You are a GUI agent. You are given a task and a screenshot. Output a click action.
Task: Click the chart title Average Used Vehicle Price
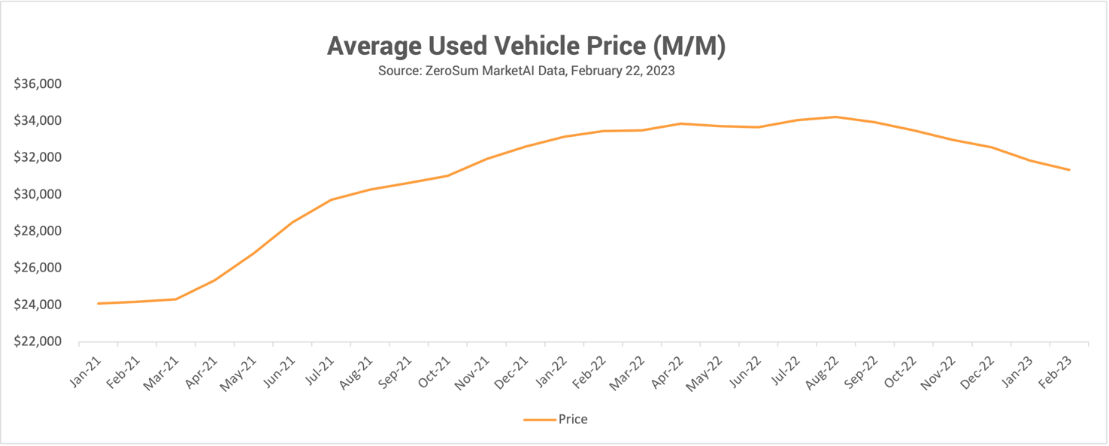526,47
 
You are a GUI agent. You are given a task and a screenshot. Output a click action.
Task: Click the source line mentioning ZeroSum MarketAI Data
526,72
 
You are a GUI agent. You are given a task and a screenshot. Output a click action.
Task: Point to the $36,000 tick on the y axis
38,83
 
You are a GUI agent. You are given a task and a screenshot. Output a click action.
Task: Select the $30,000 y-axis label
38,194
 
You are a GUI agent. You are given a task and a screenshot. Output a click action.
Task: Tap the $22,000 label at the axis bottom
38,341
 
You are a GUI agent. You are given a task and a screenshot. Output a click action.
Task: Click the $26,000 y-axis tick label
38,268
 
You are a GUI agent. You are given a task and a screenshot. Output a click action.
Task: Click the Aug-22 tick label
823,371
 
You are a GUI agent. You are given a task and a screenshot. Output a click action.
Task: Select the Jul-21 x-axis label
319,371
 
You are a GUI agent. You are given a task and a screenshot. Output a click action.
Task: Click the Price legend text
572,420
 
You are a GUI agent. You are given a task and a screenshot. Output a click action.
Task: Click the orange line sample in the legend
539,420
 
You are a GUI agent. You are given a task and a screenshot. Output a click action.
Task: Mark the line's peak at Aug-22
835,117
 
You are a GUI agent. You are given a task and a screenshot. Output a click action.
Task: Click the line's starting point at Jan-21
98,303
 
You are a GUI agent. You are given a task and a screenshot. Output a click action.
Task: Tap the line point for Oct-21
447,175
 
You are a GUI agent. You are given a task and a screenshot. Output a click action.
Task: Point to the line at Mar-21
175,299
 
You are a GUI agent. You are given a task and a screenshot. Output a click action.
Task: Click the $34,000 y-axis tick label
38,120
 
